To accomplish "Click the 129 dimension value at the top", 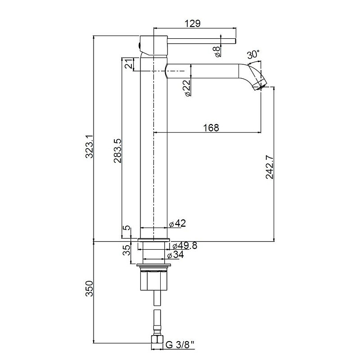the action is click(193, 23).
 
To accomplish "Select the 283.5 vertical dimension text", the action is click(117, 151).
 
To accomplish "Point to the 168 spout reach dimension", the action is click(211, 128).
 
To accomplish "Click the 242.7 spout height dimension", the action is click(270, 167).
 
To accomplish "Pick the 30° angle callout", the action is click(253, 54).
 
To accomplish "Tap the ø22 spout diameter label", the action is click(187, 88).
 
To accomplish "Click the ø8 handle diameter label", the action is click(217, 51).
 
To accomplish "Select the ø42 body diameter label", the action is click(177, 223).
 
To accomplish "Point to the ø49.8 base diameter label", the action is click(185, 246).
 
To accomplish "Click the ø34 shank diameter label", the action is click(175, 255).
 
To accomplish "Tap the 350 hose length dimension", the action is click(89, 288).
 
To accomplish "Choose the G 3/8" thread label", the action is click(180, 345).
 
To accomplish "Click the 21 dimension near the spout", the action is click(129, 63).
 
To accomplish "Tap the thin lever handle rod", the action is click(202, 41).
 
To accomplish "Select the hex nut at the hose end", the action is click(157, 340).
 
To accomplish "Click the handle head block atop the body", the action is click(153, 45).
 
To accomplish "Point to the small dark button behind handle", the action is click(139, 45).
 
